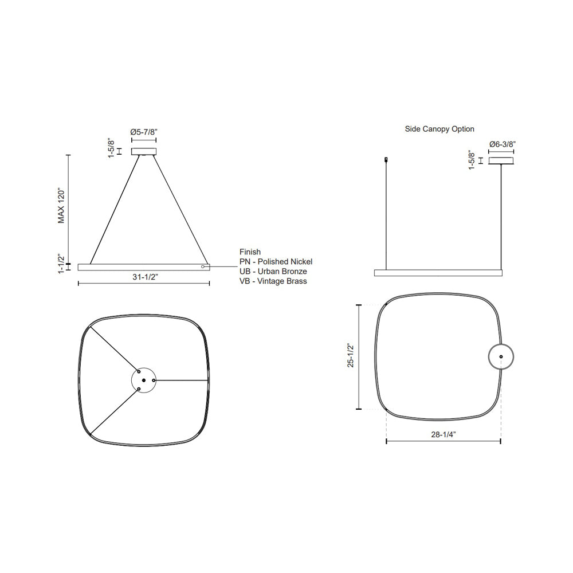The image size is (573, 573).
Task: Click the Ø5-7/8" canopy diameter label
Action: pos(144,132)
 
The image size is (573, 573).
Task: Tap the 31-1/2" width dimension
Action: pos(143,277)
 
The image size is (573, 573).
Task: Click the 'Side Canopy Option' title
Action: pos(439,129)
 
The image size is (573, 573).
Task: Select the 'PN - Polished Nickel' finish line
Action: pos(276,262)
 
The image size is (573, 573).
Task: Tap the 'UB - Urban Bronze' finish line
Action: pos(273,272)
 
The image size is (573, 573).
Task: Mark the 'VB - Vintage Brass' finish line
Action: pos(273,281)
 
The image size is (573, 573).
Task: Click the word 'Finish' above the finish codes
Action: pos(250,252)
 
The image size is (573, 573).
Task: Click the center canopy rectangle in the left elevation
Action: pos(144,151)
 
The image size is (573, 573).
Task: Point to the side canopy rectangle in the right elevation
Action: pos(501,160)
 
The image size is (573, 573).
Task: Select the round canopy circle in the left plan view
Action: pos(144,380)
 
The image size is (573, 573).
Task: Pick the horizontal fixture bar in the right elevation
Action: pos(438,273)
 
